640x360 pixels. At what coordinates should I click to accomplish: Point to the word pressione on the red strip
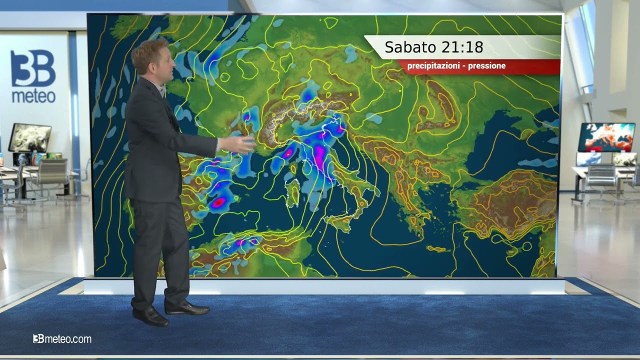[x=486, y=66]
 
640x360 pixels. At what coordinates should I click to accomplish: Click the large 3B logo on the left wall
[x=33, y=69]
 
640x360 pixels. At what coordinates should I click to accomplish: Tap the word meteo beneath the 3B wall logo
[x=33, y=96]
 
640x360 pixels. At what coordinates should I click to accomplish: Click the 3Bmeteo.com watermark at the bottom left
[x=62, y=339]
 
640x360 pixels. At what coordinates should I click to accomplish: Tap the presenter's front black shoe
[x=150, y=316]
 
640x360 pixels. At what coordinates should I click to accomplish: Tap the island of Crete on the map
[x=436, y=248]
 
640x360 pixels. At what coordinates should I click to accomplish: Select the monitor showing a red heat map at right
[x=606, y=137]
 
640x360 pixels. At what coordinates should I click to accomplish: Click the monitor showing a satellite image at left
[x=30, y=137]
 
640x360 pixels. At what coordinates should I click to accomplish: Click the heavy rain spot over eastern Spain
[x=218, y=202]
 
